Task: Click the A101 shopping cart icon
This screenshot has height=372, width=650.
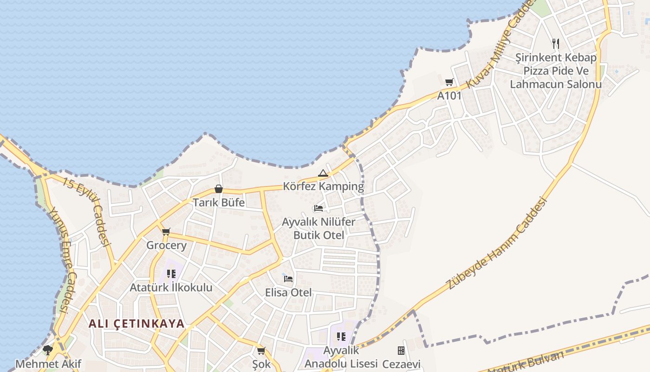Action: [x=449, y=82]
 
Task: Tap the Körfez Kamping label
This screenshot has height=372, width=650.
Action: [x=324, y=186]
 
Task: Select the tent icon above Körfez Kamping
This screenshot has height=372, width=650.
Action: [x=323, y=173]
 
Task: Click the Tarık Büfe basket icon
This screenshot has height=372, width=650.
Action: [x=219, y=189]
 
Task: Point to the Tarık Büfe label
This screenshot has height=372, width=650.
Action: [x=219, y=202]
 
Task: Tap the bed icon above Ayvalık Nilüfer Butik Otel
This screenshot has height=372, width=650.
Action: [x=318, y=208]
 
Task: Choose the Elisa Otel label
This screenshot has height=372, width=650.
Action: [x=288, y=292]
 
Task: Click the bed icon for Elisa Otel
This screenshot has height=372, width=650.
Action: [x=288, y=279]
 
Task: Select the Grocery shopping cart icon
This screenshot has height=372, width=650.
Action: [x=166, y=232]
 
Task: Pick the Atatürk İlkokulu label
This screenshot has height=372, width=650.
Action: [x=171, y=287]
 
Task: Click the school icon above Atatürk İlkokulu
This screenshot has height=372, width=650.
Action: [x=171, y=274]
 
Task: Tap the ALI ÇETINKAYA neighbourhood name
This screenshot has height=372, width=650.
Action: [x=136, y=324]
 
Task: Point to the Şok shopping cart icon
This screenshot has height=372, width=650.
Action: [x=261, y=350]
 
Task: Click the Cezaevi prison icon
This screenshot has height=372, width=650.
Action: [x=401, y=350]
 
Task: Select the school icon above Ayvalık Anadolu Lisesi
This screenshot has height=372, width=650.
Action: [x=341, y=336]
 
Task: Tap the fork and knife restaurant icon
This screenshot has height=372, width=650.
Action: [x=556, y=44]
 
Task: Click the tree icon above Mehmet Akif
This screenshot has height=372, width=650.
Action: [x=47, y=350]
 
